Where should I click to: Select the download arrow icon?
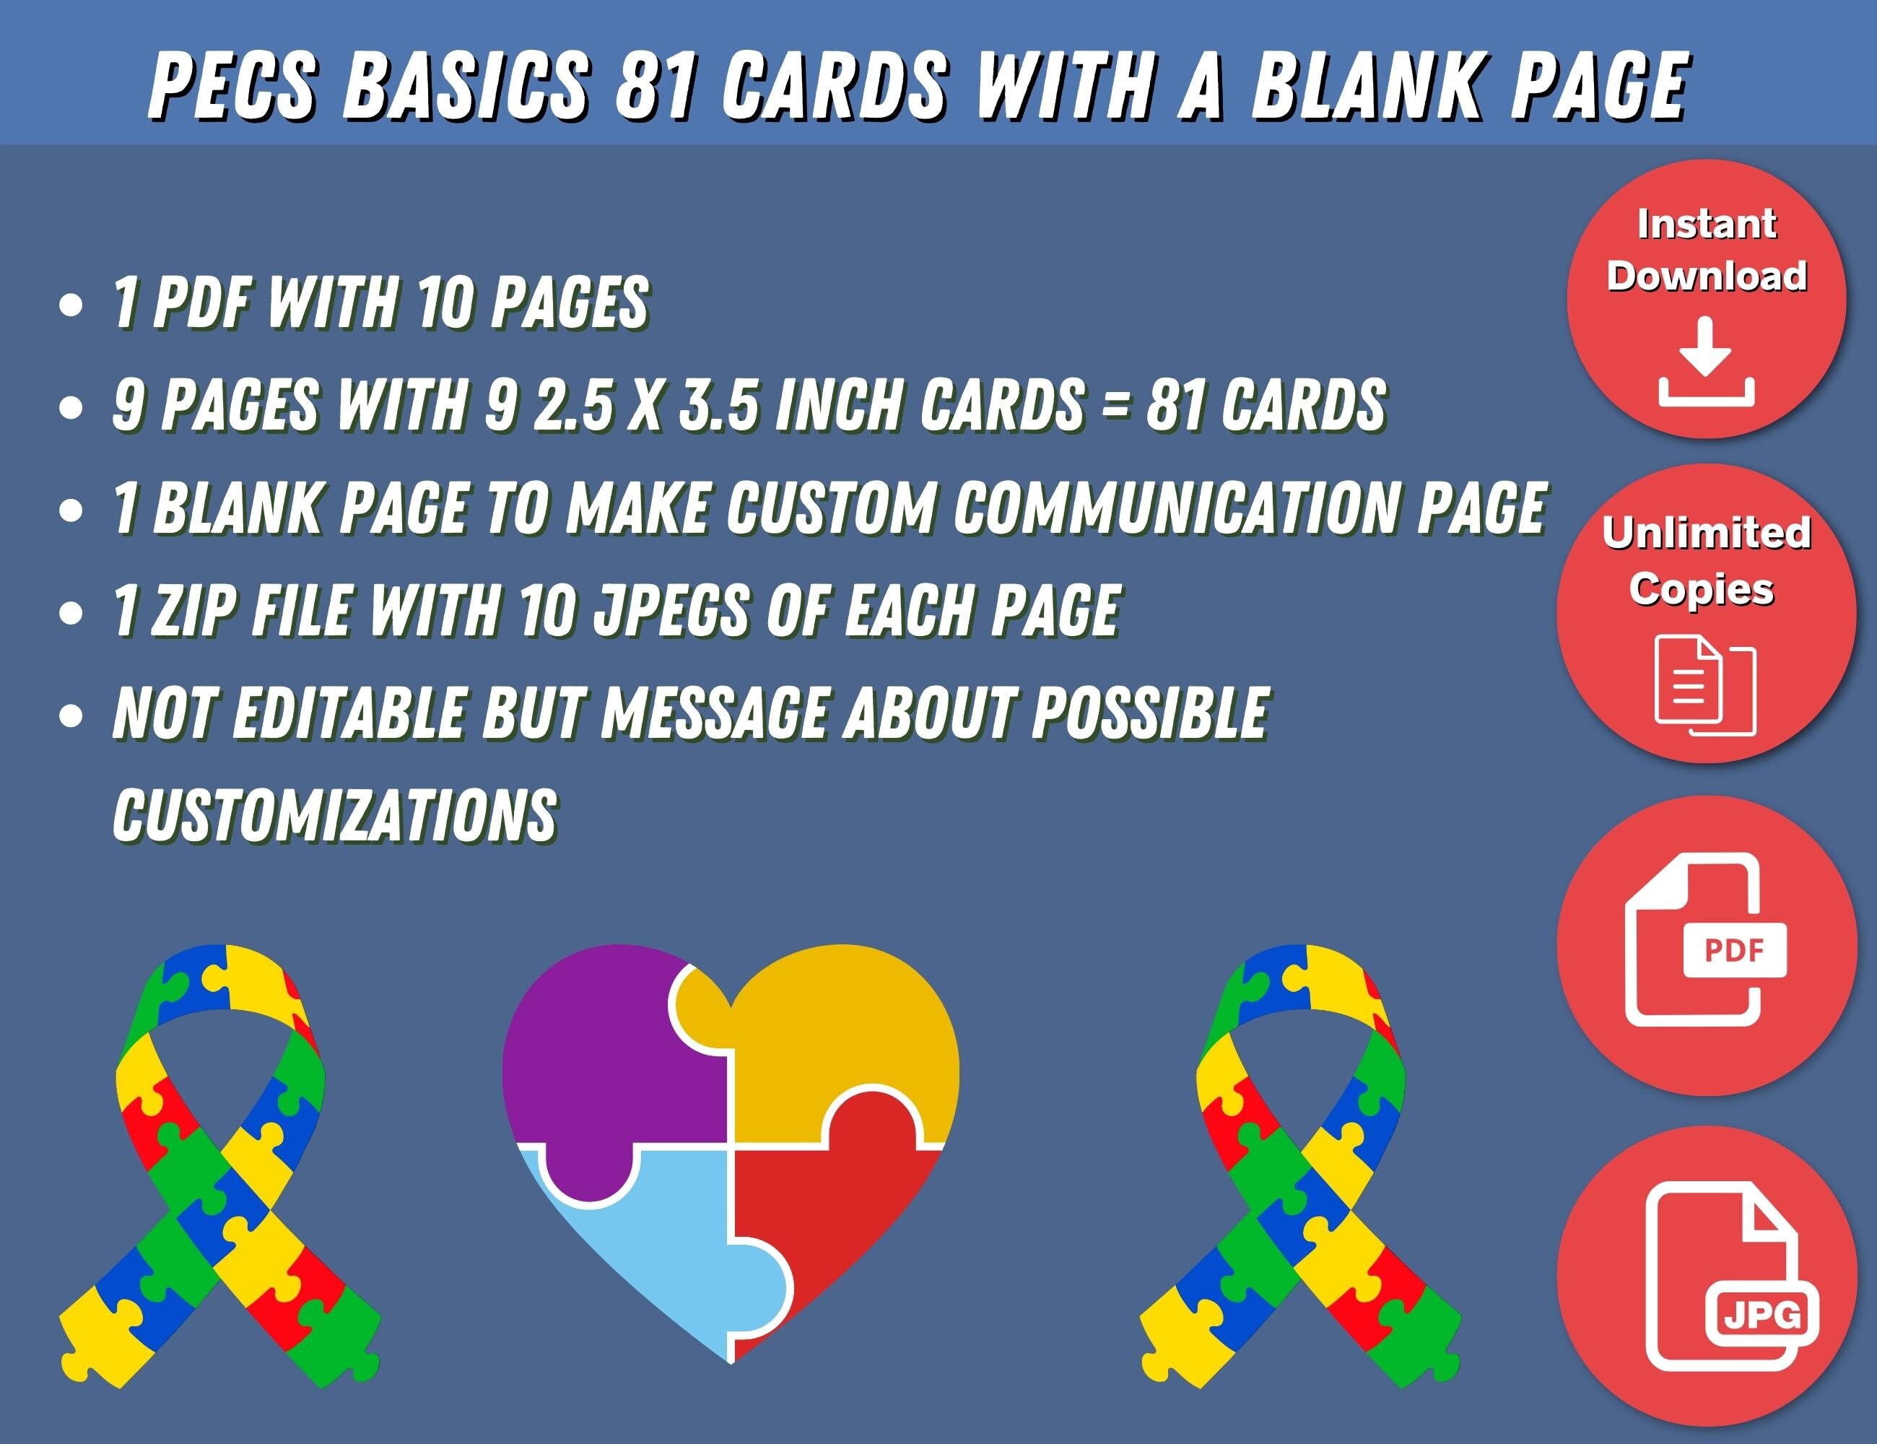click(1707, 362)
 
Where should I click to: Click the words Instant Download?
click(1707, 250)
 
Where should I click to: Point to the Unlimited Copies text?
click(1707, 561)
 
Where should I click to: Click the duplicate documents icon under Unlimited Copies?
click(1707, 686)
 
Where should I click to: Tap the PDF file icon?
click(1705, 940)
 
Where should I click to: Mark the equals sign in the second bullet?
click(1114, 404)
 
